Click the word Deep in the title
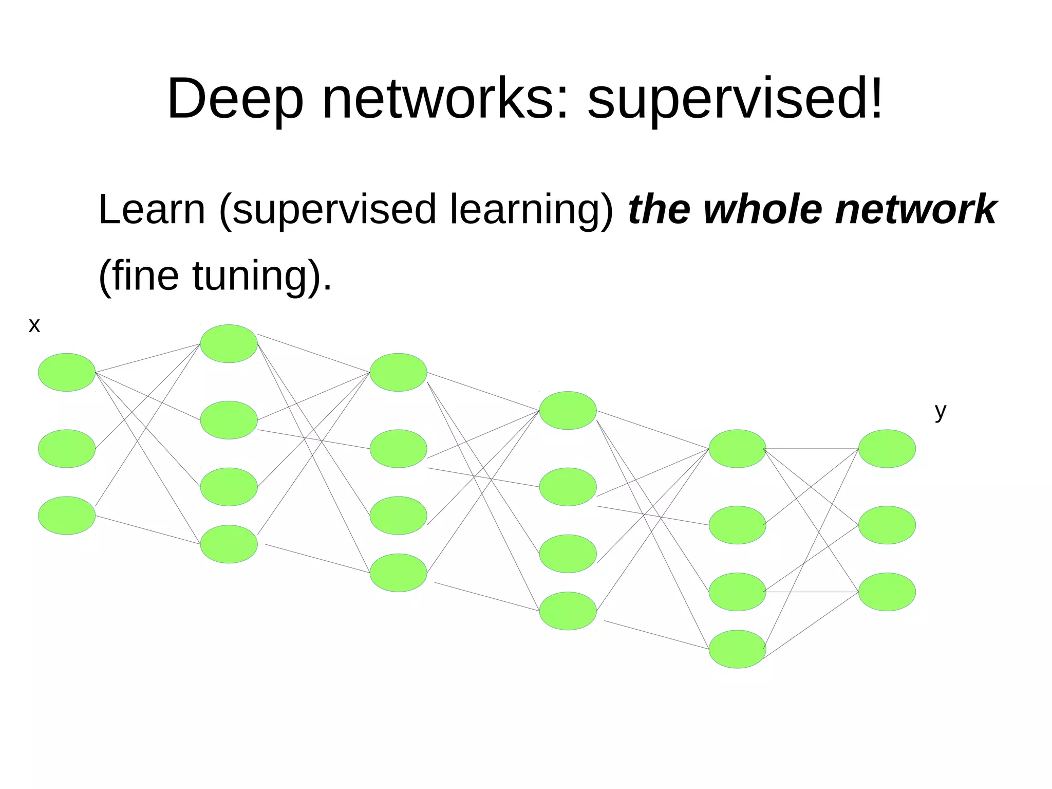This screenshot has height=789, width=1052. pos(235,99)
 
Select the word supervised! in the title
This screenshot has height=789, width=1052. pos(735,99)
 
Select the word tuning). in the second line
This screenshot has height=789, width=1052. pos(262,276)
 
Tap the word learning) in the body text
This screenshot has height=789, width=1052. pos(532,211)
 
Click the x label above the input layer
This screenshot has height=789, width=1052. pos(34,325)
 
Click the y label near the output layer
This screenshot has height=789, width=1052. pos(940,412)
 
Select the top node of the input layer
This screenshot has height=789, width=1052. pos(67,372)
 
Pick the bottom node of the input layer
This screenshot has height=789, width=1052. pos(67,515)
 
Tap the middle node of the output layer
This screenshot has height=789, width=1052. pos(887,525)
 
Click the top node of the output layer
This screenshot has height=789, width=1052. pos(887,449)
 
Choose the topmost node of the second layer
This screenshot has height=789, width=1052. pos(229,343)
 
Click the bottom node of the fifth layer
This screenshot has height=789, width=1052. pos(737,649)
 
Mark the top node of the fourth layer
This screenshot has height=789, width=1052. pos(568,410)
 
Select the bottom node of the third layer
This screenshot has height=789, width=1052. pos(398,572)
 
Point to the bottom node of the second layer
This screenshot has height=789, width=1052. pos(229,544)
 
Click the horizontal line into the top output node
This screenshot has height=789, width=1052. pos(812,449)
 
